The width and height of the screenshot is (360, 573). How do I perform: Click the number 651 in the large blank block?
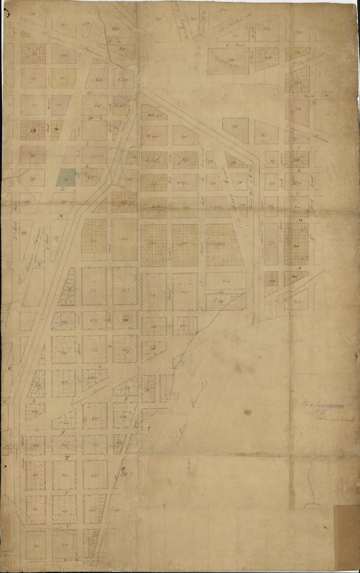coord(124,239)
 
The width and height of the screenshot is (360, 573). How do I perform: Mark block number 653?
coord(125,290)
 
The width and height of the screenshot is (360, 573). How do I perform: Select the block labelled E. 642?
coord(125,80)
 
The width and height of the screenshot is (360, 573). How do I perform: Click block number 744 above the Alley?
coord(226,280)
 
